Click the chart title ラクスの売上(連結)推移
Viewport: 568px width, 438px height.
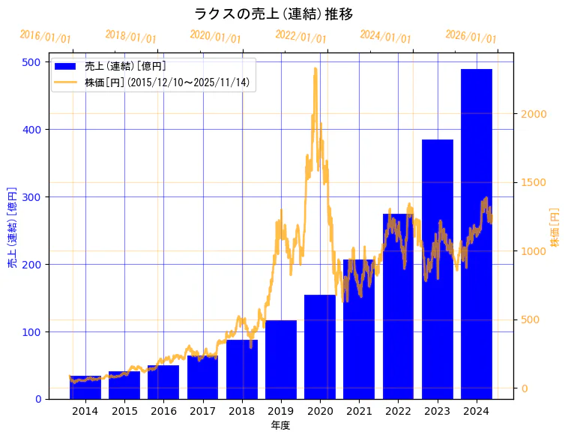tap(274, 14)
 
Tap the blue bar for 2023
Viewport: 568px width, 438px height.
tap(438, 269)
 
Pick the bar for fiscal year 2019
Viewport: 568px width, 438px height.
tap(281, 360)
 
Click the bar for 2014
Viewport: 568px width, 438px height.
tap(85, 388)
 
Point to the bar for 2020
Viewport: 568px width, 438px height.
tap(320, 347)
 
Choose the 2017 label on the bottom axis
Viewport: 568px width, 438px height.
tap(202, 411)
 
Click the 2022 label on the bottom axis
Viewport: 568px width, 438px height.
tap(398, 411)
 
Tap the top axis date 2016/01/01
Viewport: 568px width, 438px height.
tap(46, 37)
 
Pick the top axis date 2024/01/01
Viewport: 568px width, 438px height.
tap(386, 37)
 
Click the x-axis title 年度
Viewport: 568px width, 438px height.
tap(281, 425)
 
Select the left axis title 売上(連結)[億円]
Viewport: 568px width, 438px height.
tap(12, 228)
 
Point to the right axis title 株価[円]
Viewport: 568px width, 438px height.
tap(555, 228)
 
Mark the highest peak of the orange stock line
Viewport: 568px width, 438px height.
tap(315, 68)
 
